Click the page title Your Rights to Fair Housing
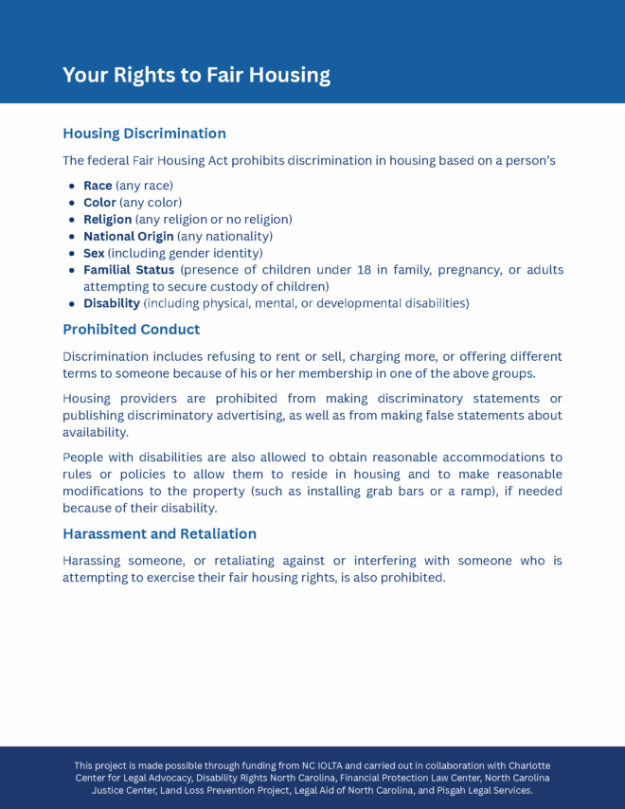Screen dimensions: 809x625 click(x=196, y=76)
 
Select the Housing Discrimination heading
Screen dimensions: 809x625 click(x=144, y=134)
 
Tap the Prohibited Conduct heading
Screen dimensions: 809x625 click(x=131, y=330)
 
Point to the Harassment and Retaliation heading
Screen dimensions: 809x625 click(x=159, y=534)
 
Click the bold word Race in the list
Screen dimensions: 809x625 click(x=98, y=186)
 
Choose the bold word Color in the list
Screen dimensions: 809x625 click(x=99, y=203)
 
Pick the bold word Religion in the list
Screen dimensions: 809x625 click(x=107, y=220)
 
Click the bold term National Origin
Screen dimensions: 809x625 click(x=128, y=237)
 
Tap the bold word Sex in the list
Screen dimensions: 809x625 click(x=94, y=254)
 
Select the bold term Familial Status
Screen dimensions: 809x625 click(x=129, y=270)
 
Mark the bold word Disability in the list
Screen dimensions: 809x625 click(x=111, y=304)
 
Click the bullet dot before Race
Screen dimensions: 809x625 click(x=72, y=187)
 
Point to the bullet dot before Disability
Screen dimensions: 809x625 click(x=72, y=304)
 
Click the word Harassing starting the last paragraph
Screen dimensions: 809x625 click(x=94, y=561)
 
